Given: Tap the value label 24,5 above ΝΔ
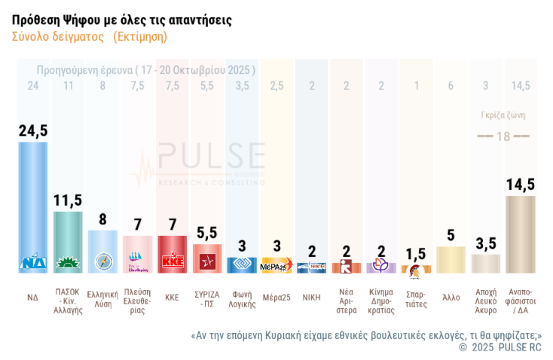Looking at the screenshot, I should point(32,130).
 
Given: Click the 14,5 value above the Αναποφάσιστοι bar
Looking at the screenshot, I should point(520,185).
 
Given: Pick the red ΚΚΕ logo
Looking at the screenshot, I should point(173,262).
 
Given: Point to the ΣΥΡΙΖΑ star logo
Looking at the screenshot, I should point(206,261).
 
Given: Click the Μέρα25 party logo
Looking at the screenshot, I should point(276,267).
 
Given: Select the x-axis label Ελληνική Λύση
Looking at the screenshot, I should point(102,299).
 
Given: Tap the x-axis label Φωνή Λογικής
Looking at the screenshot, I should point(242,299).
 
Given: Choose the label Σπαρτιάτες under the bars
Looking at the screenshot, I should point(416,299).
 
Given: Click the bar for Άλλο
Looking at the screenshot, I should point(451,259).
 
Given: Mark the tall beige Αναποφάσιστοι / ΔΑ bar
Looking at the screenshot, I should point(520,233).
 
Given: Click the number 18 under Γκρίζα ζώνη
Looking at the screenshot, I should point(503,136).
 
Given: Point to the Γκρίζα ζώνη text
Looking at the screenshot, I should point(503,115).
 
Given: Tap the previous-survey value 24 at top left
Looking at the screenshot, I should point(32,86).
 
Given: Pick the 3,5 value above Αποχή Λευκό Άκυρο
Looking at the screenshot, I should point(485,243).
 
